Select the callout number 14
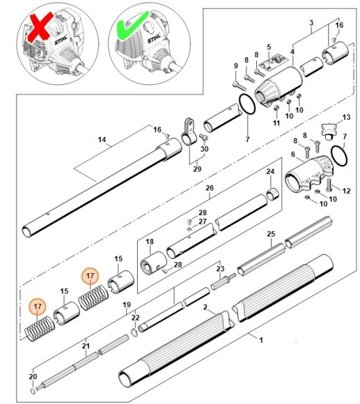click(102, 140)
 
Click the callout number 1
click(260, 341)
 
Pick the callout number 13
click(346, 116)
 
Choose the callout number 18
click(149, 242)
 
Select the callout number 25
click(271, 234)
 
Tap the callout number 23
click(220, 269)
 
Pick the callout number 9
click(235, 66)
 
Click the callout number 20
click(31, 378)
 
